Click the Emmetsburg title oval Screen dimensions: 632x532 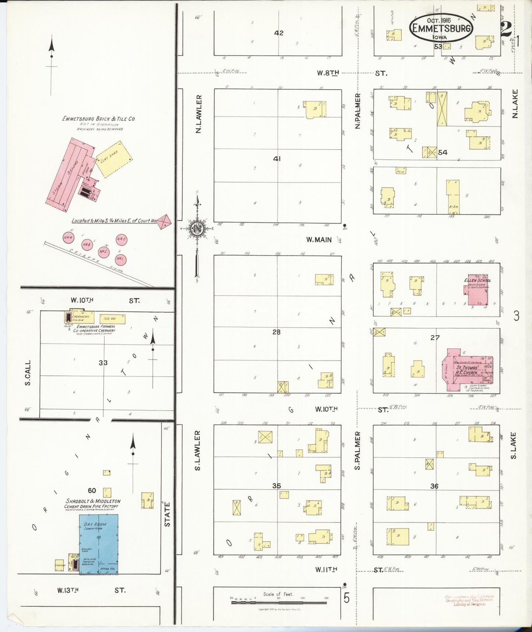tap(441, 28)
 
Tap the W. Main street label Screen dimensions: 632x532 tap(319, 240)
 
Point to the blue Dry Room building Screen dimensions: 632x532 tap(99, 544)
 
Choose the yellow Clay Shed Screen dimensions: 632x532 tap(114, 159)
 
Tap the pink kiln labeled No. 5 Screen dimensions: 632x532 tap(121, 239)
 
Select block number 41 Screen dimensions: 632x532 tap(277, 159)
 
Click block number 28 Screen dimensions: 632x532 tap(276, 332)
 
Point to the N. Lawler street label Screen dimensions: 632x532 tap(199, 114)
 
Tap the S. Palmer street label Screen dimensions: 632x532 tap(357, 451)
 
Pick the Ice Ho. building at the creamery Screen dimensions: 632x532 tap(112, 319)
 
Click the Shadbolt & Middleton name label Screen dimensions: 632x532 tap(93, 501)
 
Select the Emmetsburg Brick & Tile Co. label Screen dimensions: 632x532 tap(99, 119)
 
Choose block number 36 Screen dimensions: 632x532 tap(434, 486)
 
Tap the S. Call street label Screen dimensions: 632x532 tap(28, 373)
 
